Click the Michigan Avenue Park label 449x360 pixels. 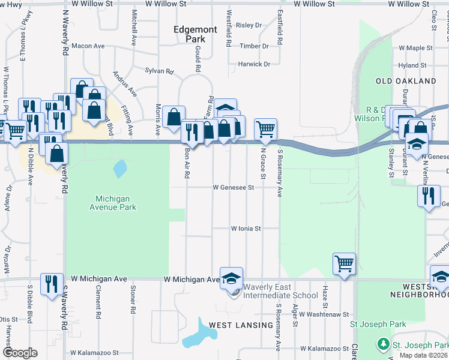tap(116, 203)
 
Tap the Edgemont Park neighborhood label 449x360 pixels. tap(189, 34)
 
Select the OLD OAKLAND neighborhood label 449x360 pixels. tap(406, 81)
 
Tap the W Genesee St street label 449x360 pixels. tap(234, 187)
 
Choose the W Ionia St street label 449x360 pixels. tap(246, 229)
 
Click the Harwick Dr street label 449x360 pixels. tap(254, 64)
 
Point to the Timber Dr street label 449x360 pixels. tap(254, 46)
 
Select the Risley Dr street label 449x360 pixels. tap(249, 25)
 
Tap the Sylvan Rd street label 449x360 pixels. tap(159, 71)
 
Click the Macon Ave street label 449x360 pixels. tap(88, 46)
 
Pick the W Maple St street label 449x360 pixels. tap(415, 48)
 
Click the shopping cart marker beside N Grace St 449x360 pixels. tap(265, 128)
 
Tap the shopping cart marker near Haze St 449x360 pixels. tap(344, 263)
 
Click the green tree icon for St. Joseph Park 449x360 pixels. tap(382, 344)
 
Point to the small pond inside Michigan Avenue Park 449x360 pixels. tap(120, 168)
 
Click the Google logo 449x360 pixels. tap(19, 353)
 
